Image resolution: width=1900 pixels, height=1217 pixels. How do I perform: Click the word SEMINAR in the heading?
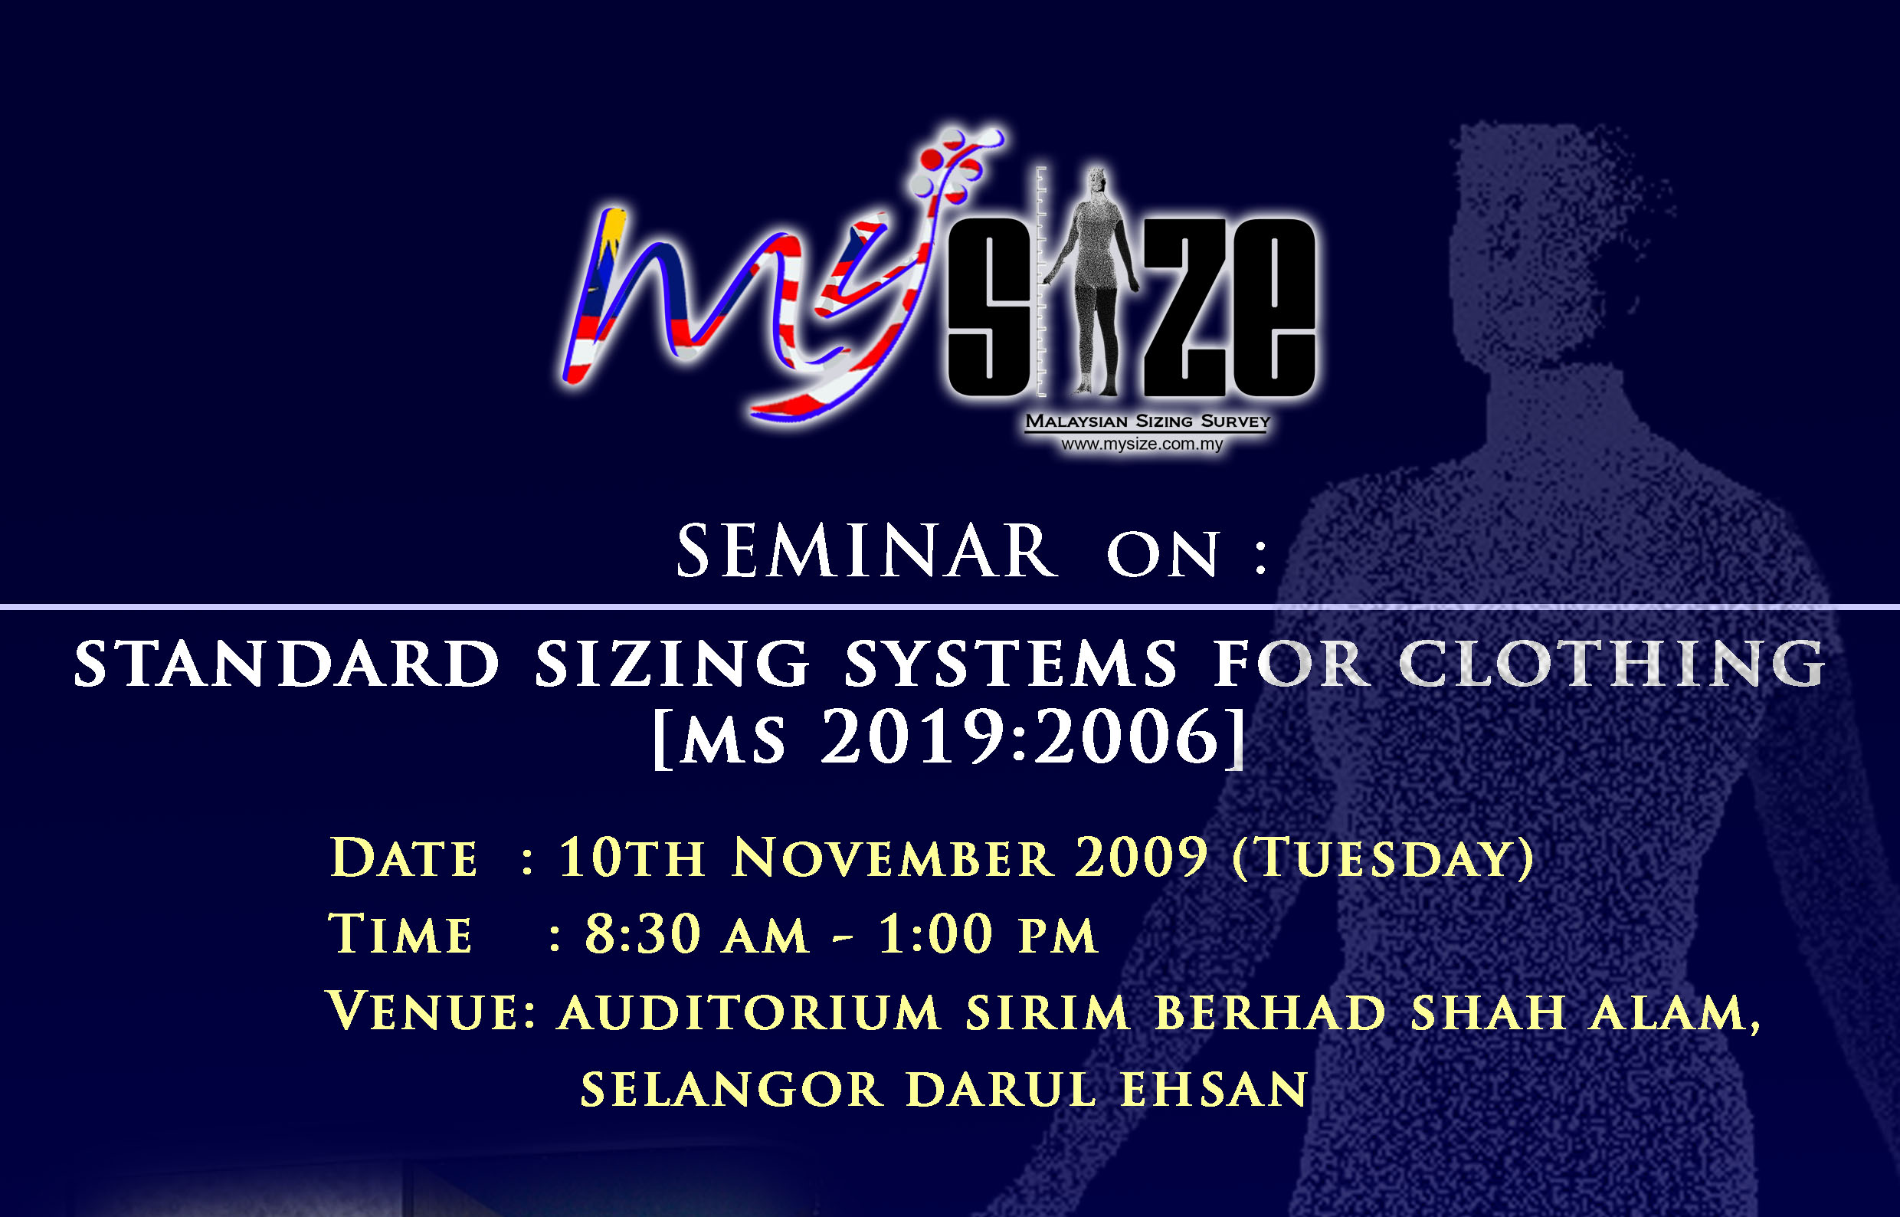tap(866, 551)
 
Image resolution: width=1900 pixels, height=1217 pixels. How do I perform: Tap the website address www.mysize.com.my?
tap(1142, 444)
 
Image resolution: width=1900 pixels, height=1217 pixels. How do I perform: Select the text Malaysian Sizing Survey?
tap(1147, 422)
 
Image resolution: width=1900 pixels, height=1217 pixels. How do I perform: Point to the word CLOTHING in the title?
tap(1612, 664)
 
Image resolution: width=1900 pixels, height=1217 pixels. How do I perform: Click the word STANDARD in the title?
tap(287, 664)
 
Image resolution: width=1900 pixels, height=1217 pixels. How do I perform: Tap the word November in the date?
tap(893, 858)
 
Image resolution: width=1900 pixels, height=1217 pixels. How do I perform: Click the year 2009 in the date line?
tap(1141, 857)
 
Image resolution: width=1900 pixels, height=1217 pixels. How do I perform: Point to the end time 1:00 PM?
tap(988, 934)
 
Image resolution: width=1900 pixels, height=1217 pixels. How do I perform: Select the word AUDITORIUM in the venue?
tap(750, 1012)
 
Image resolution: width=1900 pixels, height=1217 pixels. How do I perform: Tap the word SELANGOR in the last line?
tap(732, 1090)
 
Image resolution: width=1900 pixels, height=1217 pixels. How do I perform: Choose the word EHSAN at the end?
tap(1214, 1090)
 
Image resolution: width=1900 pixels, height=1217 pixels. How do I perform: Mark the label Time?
tap(401, 934)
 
